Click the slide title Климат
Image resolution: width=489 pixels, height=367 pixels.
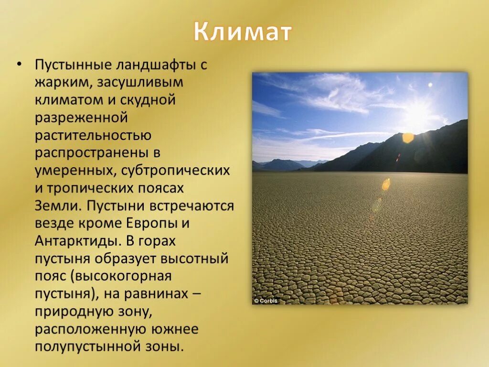242,32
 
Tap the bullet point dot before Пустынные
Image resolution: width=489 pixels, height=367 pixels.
20,65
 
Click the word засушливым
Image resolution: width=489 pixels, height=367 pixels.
139,83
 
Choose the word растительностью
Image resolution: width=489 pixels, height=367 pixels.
93,136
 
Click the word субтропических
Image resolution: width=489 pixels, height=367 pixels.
175,171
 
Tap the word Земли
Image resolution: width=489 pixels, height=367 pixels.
58,206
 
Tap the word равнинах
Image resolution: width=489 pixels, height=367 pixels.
156,294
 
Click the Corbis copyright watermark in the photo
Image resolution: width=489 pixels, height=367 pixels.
266,301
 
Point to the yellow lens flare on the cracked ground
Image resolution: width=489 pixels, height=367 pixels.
386,184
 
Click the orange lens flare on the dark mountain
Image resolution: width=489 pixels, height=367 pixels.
408,137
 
